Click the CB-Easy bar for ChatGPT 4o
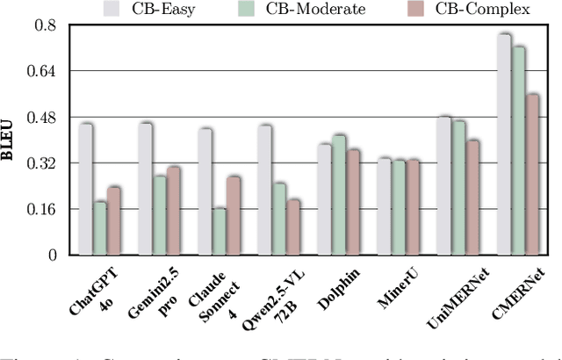[x=85, y=190]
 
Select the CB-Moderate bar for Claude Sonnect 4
[x=220, y=232]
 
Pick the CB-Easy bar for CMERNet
[x=503, y=145]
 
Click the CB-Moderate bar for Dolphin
[x=339, y=195]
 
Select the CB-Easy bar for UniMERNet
[x=443, y=185]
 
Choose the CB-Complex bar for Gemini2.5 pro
[x=174, y=211]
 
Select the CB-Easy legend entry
[x=186, y=9]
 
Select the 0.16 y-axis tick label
[x=44, y=209]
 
